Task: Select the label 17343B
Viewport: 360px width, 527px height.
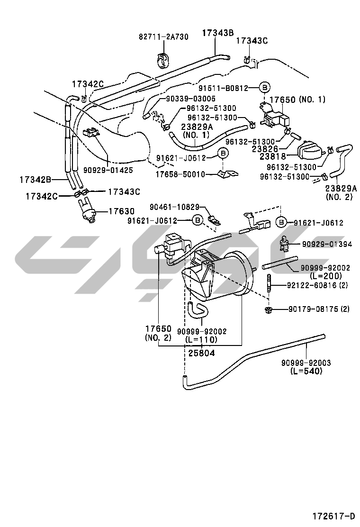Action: tap(218, 33)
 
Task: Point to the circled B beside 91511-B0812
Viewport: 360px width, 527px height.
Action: tap(265, 88)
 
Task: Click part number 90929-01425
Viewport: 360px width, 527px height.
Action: tap(108, 169)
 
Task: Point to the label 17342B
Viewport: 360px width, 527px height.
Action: tap(35, 180)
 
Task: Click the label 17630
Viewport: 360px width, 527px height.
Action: tap(122, 211)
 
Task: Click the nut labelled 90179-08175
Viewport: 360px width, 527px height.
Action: tap(268, 310)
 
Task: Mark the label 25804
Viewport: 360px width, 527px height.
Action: tap(201, 353)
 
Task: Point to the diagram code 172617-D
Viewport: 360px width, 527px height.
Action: tap(333, 516)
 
